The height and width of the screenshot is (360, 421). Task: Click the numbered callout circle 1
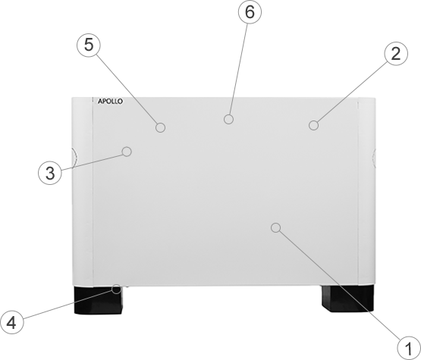click(x=408, y=348)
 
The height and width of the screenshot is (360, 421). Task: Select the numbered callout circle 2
click(x=396, y=54)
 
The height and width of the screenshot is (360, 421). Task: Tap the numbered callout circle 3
click(x=50, y=173)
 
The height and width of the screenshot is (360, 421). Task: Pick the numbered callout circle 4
click(x=11, y=322)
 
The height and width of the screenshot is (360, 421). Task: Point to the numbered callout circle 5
click(x=89, y=45)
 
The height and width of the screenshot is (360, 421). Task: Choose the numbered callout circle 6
click(x=250, y=12)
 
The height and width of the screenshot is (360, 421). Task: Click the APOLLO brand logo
click(x=110, y=102)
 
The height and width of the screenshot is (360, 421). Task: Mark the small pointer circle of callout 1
click(x=276, y=227)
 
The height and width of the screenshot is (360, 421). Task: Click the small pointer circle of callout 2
click(x=313, y=125)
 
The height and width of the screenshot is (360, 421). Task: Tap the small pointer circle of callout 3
click(x=127, y=152)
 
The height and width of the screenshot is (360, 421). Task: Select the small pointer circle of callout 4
click(x=116, y=289)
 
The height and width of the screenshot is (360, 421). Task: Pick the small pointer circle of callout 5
click(x=160, y=127)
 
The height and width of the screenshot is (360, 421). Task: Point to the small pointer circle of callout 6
click(x=228, y=119)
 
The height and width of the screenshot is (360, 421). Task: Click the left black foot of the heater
click(x=99, y=300)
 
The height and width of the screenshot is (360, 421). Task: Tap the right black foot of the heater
click(x=347, y=299)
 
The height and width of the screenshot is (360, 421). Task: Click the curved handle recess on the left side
click(x=74, y=158)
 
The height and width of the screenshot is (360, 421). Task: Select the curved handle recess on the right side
click(x=373, y=158)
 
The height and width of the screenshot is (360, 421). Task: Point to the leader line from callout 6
click(x=238, y=69)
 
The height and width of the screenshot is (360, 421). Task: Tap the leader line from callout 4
click(x=68, y=305)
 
